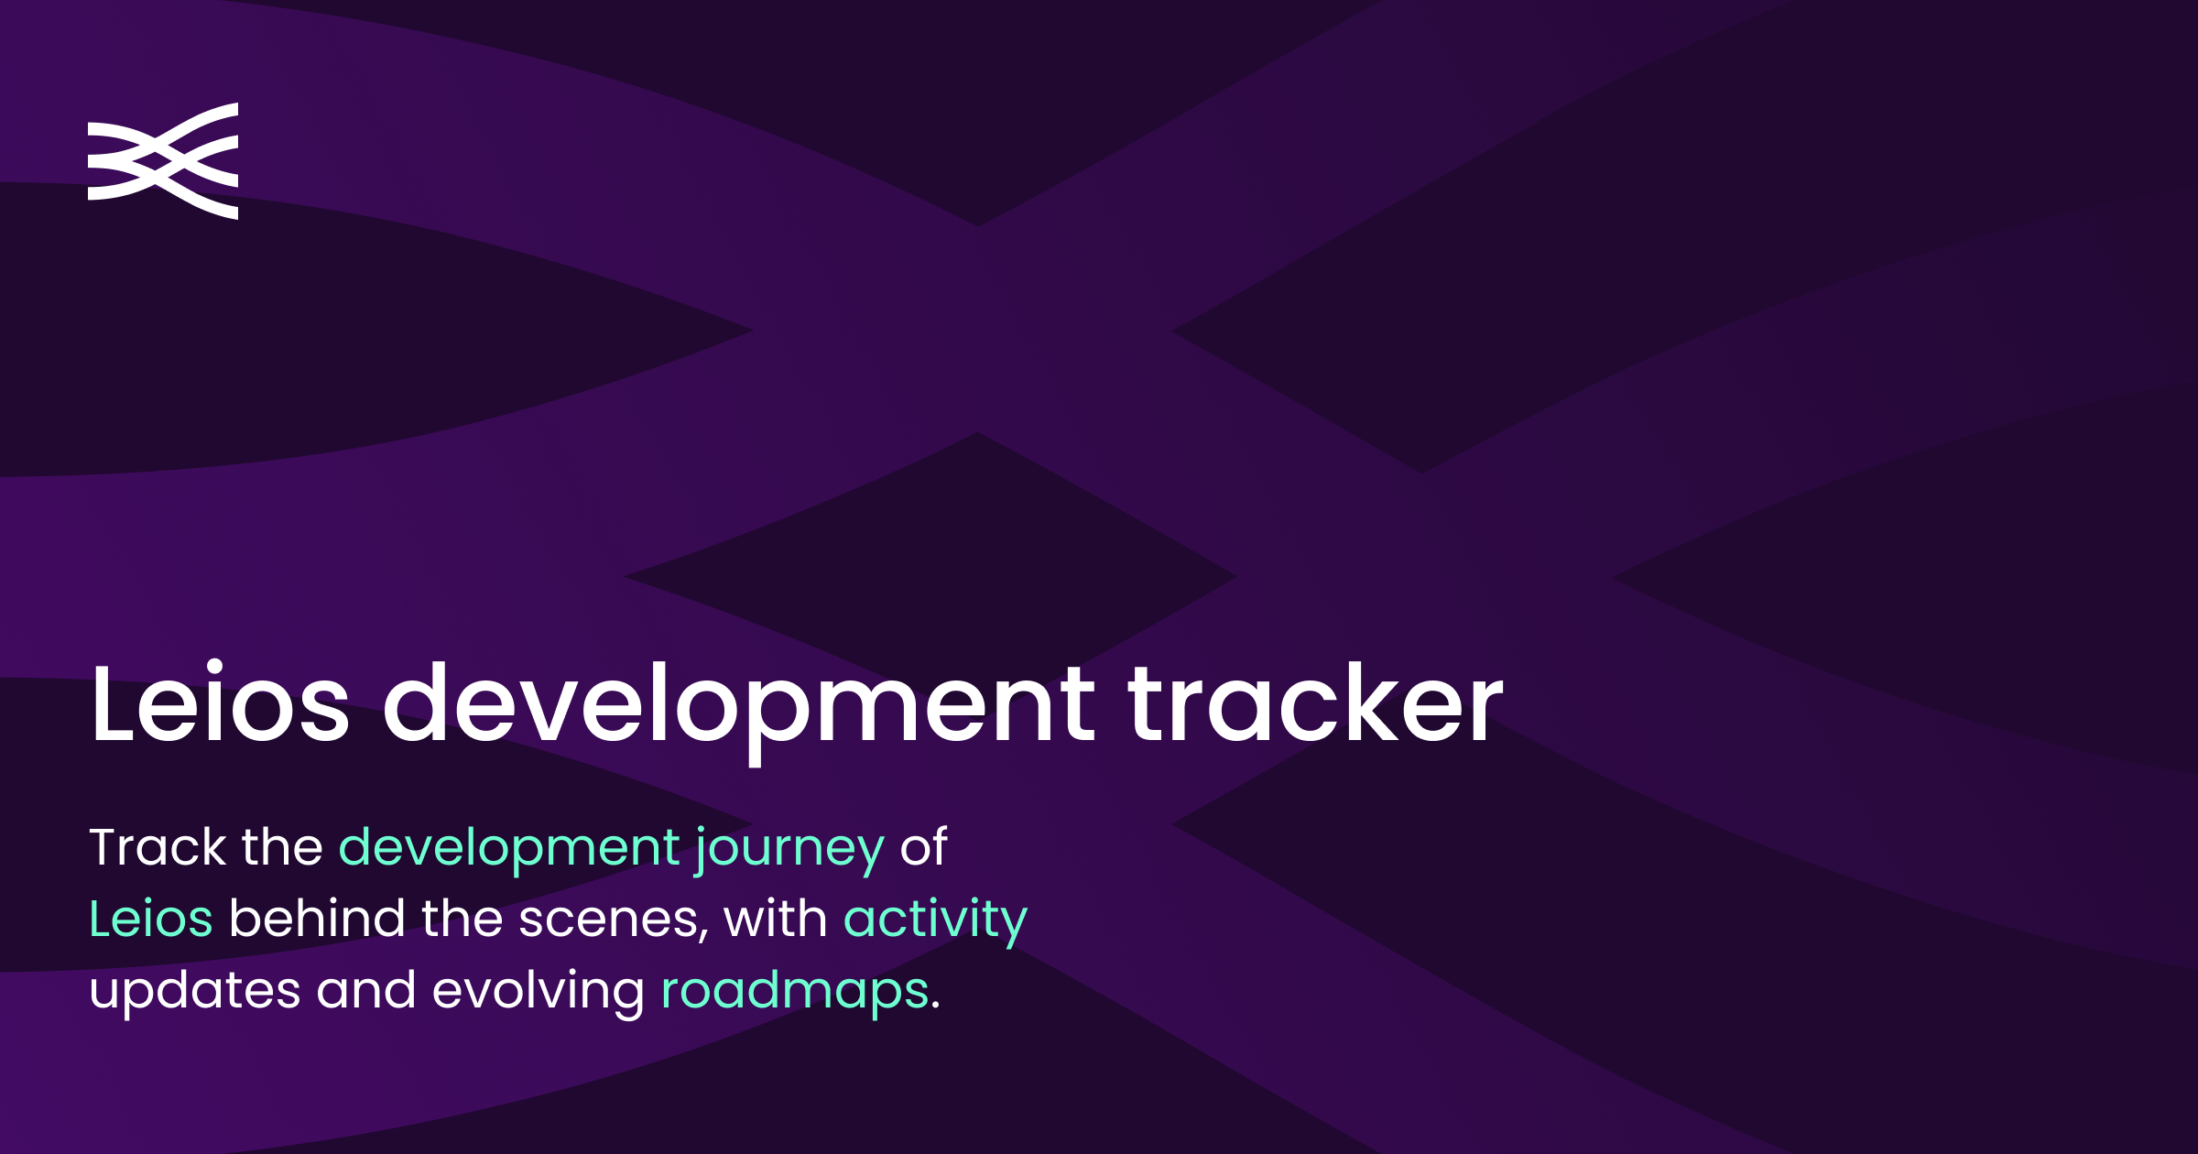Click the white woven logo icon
(x=163, y=161)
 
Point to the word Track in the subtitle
(x=158, y=847)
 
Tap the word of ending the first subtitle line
(x=923, y=847)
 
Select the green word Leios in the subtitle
(x=151, y=919)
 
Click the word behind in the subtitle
(x=317, y=919)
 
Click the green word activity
(x=935, y=920)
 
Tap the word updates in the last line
(x=195, y=992)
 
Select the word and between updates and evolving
(x=365, y=990)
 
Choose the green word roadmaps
(x=795, y=992)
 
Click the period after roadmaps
(x=935, y=1006)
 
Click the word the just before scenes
(x=462, y=919)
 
